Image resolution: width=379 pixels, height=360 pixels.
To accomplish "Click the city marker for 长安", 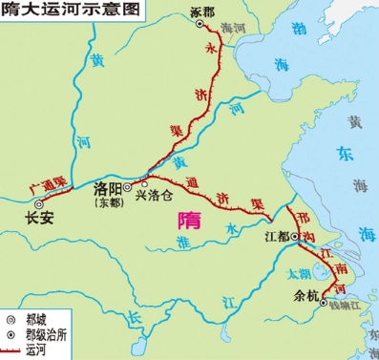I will pos(41,202).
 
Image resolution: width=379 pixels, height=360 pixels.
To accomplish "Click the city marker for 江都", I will pos(296,235).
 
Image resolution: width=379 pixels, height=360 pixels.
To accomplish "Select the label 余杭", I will pos(303,294).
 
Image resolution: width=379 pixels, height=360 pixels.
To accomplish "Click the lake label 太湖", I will pos(298,272).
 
